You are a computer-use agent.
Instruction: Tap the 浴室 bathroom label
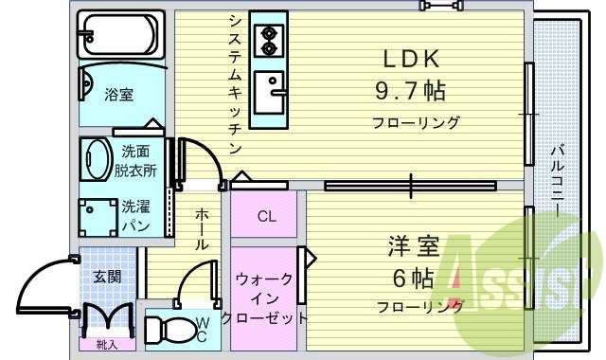coord(117,95)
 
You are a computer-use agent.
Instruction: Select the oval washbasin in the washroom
coord(97,156)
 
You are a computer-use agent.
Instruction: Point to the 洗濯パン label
coord(135,215)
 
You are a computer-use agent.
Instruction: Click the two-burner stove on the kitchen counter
coord(268,38)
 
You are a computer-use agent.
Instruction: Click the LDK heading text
coord(412,59)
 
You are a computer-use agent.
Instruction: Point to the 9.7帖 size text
coord(411,91)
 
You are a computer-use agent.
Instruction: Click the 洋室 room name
coord(413,248)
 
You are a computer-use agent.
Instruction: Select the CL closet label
coord(267,216)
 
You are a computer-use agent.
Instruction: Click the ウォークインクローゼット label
coord(264,297)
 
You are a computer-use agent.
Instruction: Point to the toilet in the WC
coord(174,332)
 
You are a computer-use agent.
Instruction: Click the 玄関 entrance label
coord(106,277)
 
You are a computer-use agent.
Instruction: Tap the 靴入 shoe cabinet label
coord(106,345)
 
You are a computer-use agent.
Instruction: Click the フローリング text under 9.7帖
coord(416,122)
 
